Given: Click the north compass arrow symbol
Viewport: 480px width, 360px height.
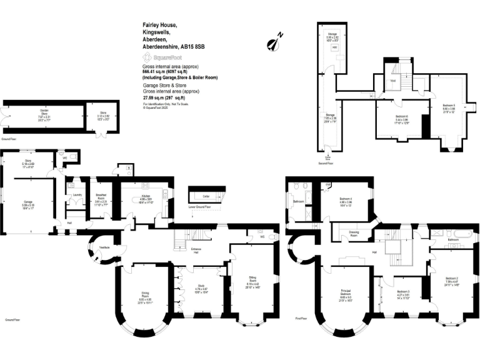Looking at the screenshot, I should [272, 42].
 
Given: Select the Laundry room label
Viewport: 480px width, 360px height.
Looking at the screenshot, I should [77, 194].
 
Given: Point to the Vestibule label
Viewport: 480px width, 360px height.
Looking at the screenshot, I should [105, 247].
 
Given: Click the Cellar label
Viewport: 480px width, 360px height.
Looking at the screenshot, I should [204, 196].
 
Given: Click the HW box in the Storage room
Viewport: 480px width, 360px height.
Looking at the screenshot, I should [336, 47].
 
